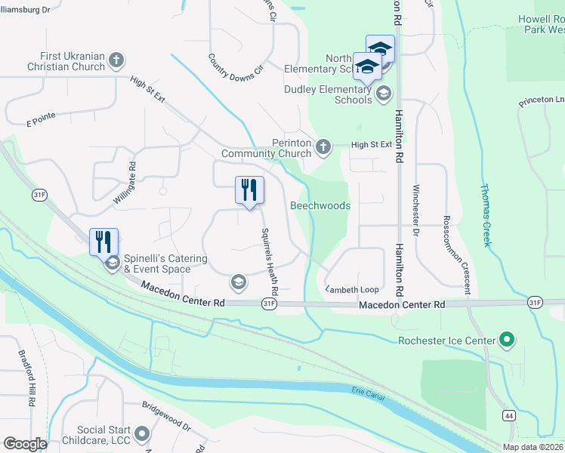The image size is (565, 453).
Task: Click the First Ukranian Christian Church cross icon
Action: [x=116, y=59]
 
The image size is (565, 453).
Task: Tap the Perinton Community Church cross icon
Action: [x=323, y=146]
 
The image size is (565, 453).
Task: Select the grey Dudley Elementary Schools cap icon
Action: [x=383, y=94]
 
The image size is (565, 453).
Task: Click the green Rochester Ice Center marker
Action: [x=507, y=341]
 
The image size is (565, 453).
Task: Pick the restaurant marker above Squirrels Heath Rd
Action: [x=249, y=190]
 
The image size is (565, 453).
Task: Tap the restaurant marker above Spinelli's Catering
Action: [x=103, y=242]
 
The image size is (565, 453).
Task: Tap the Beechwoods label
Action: [x=320, y=205]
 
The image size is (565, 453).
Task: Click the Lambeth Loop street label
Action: [x=352, y=289]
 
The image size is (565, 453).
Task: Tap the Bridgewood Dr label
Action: [x=165, y=417]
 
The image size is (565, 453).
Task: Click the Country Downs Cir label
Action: [x=236, y=67]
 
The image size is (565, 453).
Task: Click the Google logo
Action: [x=25, y=444]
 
